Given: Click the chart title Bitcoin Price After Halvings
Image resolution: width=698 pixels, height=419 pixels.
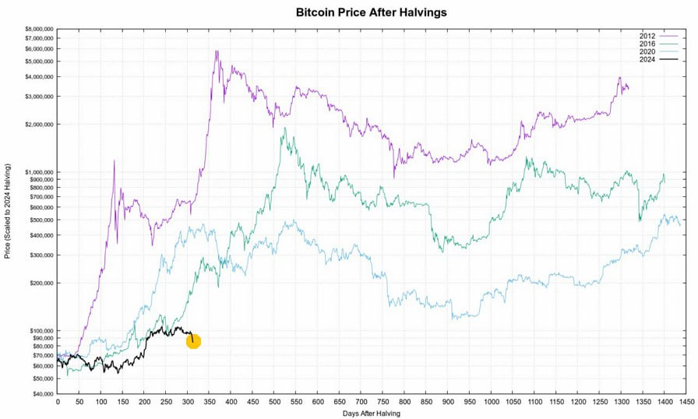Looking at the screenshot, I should pos(371,13).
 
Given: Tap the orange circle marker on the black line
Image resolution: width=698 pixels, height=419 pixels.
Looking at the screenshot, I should pos(193,341).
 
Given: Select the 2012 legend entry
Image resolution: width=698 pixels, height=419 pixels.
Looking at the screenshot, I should pos(647,36).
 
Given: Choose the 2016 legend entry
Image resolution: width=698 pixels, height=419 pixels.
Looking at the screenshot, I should pos(647,44).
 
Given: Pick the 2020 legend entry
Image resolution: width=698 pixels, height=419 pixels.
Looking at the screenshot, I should pos(647,51).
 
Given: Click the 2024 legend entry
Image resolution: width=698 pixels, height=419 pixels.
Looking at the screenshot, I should pos(647,59).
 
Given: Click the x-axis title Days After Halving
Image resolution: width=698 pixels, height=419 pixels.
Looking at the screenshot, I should pos(371,414).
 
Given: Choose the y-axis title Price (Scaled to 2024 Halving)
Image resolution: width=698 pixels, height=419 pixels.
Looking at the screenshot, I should pos(8,211).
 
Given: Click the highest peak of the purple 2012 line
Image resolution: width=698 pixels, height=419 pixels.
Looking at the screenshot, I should pos(217,51).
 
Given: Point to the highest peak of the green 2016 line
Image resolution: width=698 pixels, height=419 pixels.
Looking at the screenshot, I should pos(285,128).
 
